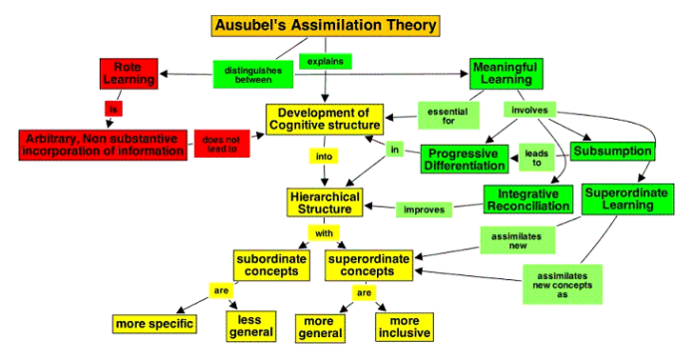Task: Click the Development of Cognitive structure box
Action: [324, 118]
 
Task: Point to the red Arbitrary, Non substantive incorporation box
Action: [103, 145]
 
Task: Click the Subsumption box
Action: [612, 152]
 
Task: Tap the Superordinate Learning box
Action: [619, 197]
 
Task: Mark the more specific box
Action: [154, 324]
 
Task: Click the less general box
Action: [249, 326]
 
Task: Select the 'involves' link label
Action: [530, 109]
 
